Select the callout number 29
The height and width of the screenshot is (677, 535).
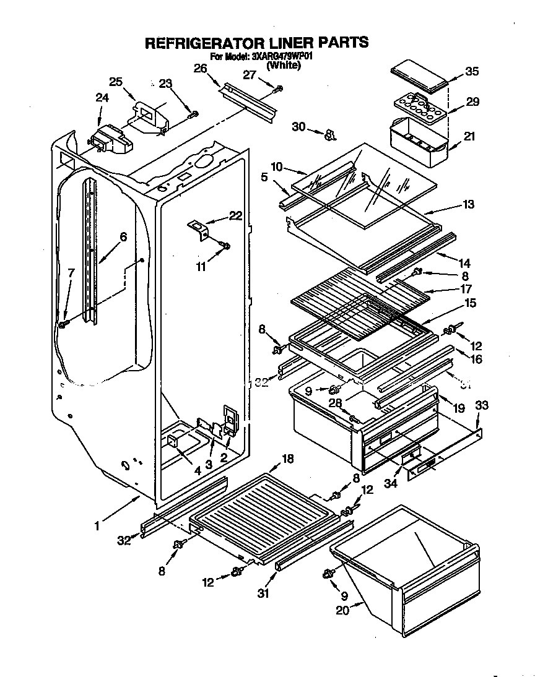472,101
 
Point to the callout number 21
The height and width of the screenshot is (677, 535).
469,136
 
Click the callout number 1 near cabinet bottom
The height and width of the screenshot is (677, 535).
97,527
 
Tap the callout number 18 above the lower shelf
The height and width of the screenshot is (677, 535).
287,459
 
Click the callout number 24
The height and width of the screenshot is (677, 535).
102,97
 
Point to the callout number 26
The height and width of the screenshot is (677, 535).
199,69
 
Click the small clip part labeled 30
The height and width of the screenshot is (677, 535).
329,132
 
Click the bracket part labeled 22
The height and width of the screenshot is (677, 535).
199,229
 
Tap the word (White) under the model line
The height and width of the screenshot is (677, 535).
284,65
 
